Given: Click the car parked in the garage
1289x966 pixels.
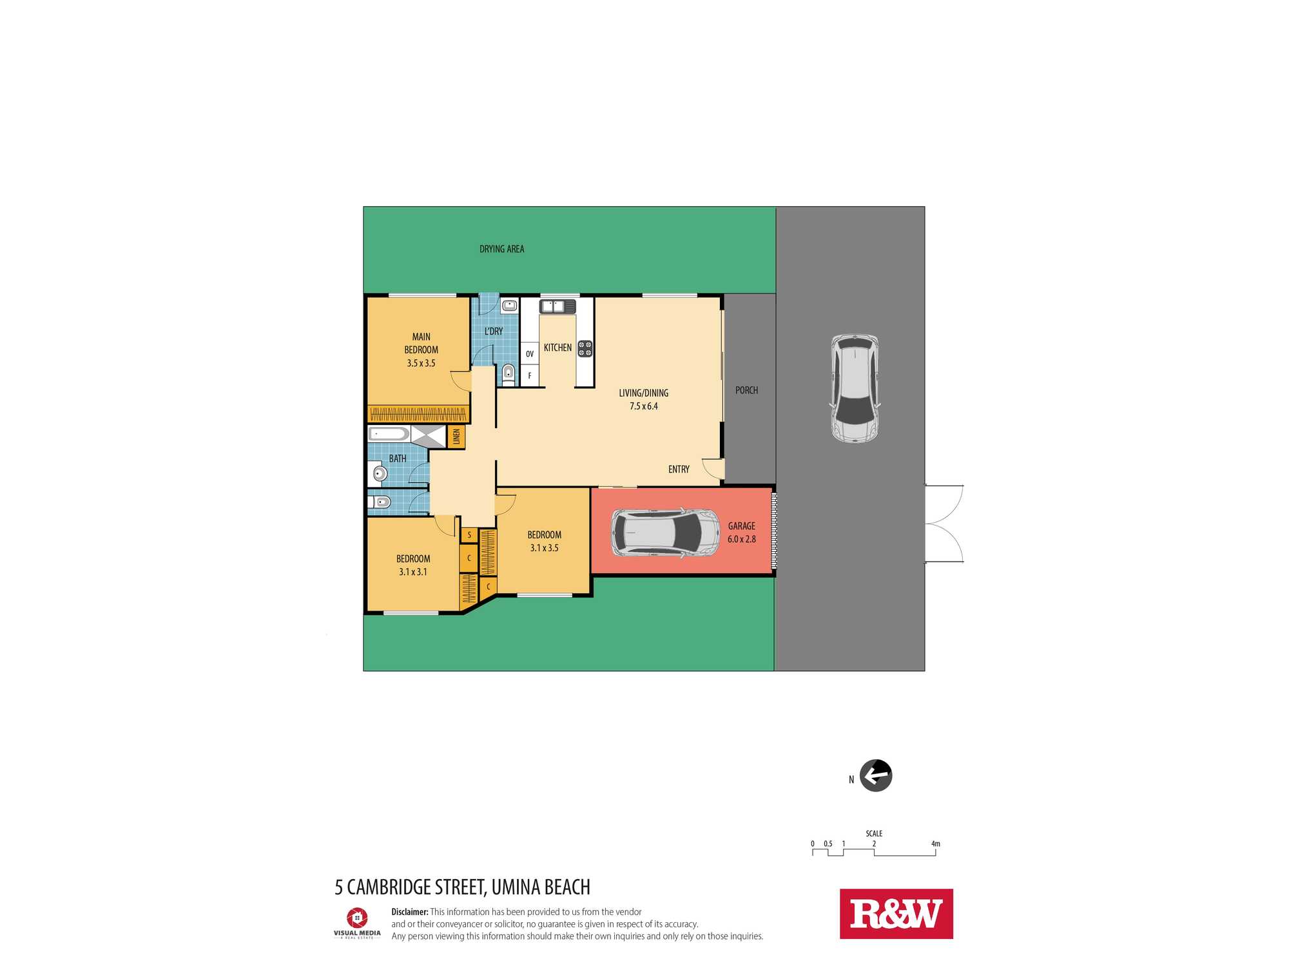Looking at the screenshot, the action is [665, 533].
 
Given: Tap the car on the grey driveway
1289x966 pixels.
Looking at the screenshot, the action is [855, 388].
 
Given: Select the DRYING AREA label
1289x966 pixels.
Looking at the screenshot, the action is [501, 249].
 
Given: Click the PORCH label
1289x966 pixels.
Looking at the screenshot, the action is [746, 390].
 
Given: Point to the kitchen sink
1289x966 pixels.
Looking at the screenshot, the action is [557, 307].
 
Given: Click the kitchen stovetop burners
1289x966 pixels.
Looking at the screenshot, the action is [585, 348].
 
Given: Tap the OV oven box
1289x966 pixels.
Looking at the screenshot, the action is [530, 353].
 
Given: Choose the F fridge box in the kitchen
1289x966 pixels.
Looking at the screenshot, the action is [530, 375].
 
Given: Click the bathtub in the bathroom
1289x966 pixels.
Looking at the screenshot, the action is [389, 434].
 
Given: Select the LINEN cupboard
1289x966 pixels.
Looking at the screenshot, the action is [456, 437].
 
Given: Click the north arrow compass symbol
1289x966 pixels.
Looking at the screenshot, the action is [876, 775].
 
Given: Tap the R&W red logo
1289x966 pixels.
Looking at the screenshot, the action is [896, 914].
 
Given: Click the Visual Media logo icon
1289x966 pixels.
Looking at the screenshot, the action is [357, 918].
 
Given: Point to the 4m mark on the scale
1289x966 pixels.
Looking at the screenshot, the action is [935, 844].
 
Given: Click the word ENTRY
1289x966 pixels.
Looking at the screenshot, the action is [679, 469].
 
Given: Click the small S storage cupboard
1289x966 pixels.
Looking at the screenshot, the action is [469, 535].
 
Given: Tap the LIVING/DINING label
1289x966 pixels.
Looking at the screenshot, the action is [643, 393].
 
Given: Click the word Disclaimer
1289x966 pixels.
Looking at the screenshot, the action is [409, 912].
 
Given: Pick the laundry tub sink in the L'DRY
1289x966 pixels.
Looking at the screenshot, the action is [509, 305].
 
